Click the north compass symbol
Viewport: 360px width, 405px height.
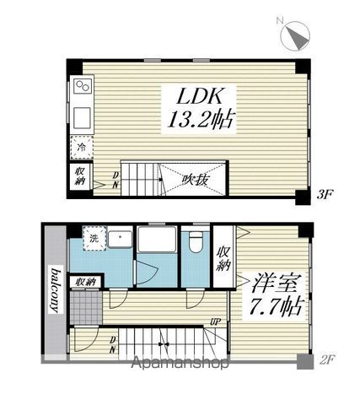coord(295,36)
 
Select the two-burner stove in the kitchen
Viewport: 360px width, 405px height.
coord(83,85)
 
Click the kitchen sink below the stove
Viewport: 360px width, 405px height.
coord(82,117)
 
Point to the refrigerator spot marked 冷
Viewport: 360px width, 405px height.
coord(82,148)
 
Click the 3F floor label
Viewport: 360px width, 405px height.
coord(325,195)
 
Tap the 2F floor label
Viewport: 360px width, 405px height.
coord(327,359)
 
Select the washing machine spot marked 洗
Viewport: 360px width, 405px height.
coord(94,238)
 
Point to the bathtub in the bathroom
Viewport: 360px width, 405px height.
coord(157,240)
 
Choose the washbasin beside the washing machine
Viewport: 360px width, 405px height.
coord(121,239)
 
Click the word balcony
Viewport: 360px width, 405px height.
coord(56,291)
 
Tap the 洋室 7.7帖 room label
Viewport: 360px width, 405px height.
coord(277,295)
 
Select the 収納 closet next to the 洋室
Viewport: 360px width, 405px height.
coord(223,258)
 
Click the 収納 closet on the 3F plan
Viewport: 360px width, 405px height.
coord(80,175)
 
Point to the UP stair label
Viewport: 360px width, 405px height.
coord(216,321)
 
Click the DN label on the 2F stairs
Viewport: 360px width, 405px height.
coord(113,345)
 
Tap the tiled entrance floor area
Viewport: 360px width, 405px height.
coord(86,308)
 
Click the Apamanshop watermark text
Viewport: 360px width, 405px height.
coord(180,363)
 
